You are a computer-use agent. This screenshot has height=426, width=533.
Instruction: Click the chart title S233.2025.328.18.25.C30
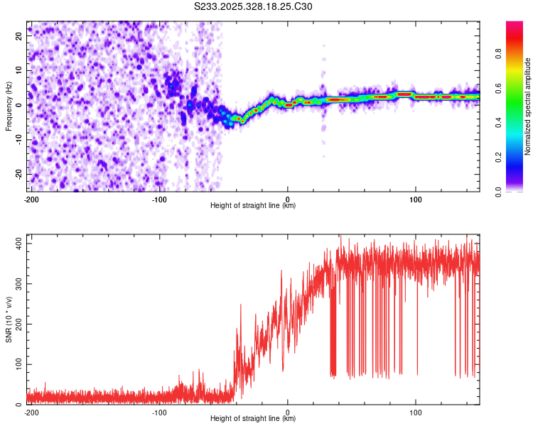click(x=253, y=7)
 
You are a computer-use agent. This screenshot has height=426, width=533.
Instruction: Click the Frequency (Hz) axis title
click(x=9, y=106)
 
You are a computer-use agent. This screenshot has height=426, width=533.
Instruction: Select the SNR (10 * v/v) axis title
click(x=9, y=319)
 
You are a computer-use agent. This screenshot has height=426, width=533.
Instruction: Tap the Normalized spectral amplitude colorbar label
click(x=528, y=106)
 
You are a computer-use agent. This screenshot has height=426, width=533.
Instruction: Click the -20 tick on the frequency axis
click(x=18, y=174)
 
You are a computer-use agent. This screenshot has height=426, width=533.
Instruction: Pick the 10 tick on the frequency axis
click(x=20, y=70)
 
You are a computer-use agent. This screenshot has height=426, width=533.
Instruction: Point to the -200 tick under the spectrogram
click(x=31, y=199)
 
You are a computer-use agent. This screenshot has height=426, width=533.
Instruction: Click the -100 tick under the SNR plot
click(x=159, y=412)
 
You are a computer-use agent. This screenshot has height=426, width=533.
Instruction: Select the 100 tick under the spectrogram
click(x=416, y=199)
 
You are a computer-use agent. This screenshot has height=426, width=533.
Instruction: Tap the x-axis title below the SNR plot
click(x=253, y=419)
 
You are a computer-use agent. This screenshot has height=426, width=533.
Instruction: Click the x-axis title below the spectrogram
click(x=253, y=206)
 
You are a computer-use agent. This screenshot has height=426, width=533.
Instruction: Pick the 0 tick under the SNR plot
click(x=288, y=412)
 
